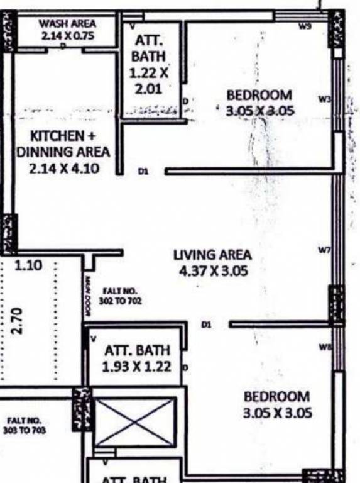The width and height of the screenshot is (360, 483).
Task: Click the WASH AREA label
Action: click(x=67, y=23)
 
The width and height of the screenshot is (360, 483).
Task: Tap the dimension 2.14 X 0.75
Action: click(x=67, y=36)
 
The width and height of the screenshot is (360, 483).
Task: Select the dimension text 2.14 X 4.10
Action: click(x=63, y=169)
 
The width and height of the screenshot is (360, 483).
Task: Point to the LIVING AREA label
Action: click(x=212, y=255)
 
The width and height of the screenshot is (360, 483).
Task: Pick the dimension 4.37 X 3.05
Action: click(x=212, y=271)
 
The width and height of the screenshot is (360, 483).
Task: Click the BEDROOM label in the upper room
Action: click(x=259, y=95)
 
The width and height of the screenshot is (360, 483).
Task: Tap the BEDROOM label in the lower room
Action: click(x=276, y=397)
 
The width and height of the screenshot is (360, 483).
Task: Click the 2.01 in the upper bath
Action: click(x=148, y=89)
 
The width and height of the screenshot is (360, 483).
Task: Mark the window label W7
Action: click(x=324, y=251)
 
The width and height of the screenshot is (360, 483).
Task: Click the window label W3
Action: click(x=324, y=99)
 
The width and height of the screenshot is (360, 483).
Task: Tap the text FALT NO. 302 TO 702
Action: click(x=124, y=296)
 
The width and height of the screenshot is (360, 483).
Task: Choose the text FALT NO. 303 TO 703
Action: click(x=26, y=426)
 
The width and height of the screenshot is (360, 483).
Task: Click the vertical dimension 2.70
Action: click(x=17, y=321)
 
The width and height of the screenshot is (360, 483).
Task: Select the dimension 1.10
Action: click(x=28, y=265)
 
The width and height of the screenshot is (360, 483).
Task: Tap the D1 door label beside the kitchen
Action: click(x=143, y=170)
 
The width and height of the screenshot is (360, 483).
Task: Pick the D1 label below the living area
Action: click(x=206, y=325)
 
